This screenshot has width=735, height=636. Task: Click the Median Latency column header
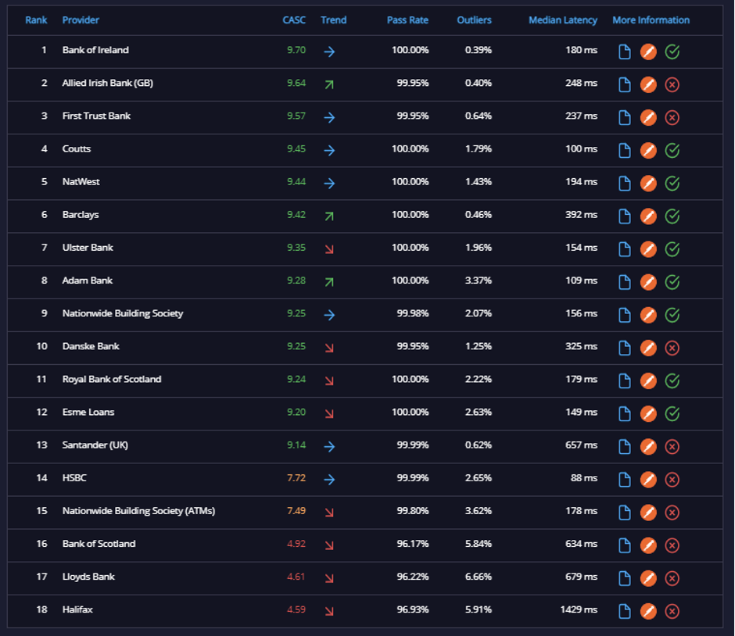[x=562, y=20]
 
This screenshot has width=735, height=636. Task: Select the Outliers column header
[x=474, y=20]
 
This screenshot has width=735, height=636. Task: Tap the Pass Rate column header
[x=407, y=20]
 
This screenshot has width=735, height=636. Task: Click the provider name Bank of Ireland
[x=95, y=50]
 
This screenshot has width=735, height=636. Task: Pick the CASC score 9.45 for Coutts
[x=296, y=149]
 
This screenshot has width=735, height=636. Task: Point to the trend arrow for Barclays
[x=329, y=216]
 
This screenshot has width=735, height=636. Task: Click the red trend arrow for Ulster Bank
[x=329, y=249]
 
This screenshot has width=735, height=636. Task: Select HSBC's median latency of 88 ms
[x=583, y=477]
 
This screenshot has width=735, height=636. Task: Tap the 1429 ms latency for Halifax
[x=579, y=609]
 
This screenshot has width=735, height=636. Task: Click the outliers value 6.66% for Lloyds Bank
[x=478, y=577]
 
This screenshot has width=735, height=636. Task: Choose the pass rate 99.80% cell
[x=413, y=510]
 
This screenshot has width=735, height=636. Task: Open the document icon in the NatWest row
[x=625, y=183]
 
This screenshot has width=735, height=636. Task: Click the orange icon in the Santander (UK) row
[x=648, y=447]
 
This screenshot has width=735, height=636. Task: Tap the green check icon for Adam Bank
[x=672, y=282]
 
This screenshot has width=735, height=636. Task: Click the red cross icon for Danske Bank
[x=672, y=348]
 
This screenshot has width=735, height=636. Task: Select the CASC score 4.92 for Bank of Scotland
[x=296, y=544]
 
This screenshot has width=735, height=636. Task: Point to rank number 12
[x=41, y=412]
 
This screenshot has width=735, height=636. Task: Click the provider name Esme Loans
[x=88, y=412]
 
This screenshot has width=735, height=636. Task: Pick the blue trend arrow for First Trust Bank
[x=329, y=117]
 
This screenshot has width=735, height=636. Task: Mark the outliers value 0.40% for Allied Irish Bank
[x=478, y=83]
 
